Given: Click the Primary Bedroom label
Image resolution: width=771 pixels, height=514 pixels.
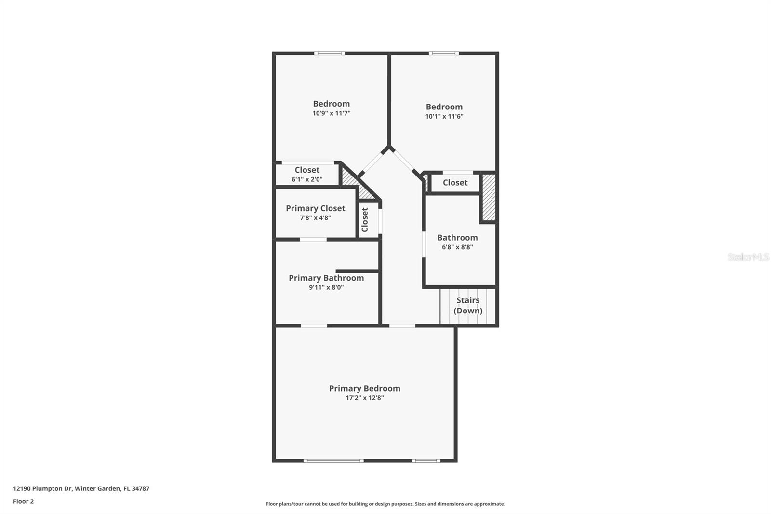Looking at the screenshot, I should pos(364,388).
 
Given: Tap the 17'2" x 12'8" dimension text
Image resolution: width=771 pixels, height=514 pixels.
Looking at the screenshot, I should pos(364,398).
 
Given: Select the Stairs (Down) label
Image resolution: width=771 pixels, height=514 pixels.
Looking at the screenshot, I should pos(468,305).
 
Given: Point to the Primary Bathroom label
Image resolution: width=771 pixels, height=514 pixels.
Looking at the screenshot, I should pos(326,278).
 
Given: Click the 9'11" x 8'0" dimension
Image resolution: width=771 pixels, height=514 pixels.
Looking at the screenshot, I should pos(326,288).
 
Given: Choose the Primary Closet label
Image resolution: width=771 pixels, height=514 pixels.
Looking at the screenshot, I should pos(315,208).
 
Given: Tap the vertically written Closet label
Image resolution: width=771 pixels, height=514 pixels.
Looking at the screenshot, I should pos(365,220).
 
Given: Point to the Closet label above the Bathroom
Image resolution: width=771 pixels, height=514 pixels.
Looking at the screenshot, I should pos(455,183).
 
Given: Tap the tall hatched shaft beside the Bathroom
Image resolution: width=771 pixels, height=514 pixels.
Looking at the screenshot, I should pos(489,197).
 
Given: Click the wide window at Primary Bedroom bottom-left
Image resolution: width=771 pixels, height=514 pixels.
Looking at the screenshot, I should pos(333,461).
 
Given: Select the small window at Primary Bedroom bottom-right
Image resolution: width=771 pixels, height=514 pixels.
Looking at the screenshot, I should pos(425,461).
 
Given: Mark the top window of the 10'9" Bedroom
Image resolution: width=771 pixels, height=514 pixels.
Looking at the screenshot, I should pos(330,54).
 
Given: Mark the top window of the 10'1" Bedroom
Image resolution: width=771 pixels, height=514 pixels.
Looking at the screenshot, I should pos(444,54).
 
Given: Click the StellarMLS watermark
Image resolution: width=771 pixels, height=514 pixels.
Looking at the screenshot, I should pos(748,257).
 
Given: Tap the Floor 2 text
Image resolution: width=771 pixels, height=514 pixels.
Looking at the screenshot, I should pos(23,501).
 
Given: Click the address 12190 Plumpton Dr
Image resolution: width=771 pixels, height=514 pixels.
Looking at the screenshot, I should pos(81,488).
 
